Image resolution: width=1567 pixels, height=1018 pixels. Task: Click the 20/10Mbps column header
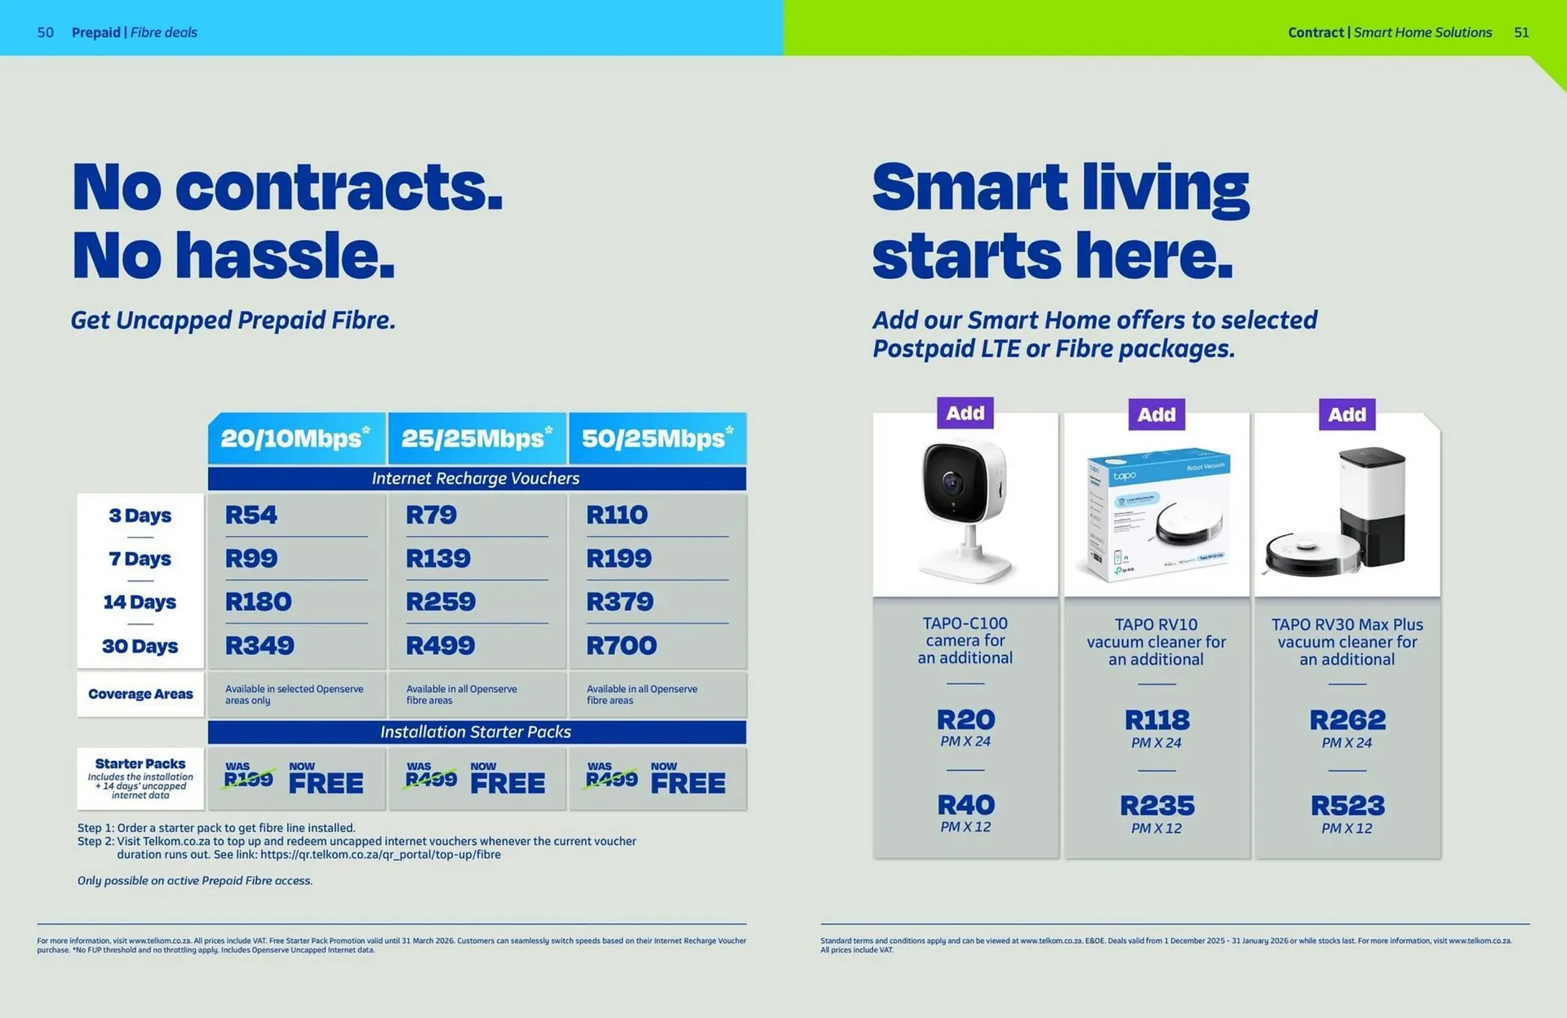pos(295,438)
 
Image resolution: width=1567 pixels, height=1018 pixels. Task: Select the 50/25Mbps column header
pos(657,438)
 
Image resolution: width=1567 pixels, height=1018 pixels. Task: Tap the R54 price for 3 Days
pos(251,515)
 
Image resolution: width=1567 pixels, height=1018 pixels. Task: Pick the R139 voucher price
pos(438,559)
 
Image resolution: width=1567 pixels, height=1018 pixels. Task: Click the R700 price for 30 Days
pos(621,646)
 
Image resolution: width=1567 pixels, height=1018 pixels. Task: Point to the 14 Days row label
pos(140,602)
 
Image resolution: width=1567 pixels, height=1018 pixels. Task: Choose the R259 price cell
pos(441,602)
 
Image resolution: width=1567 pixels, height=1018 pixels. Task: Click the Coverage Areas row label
pos(140,694)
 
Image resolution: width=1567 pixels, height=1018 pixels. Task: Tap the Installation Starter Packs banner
pos(476,732)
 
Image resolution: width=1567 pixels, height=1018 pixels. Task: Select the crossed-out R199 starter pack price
pos(249,780)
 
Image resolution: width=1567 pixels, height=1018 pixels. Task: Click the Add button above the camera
pos(965,413)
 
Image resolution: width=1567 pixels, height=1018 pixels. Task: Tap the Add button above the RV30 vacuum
pos(1347,414)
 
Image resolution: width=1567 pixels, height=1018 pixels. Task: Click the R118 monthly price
pos(1156,720)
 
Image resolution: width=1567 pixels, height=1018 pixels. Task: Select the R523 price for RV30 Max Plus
pos(1347,806)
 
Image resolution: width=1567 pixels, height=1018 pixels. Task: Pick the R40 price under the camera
pos(966,805)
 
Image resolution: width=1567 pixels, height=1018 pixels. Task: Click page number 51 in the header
pos(1521,33)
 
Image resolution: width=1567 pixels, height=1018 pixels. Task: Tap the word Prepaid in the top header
pos(95,33)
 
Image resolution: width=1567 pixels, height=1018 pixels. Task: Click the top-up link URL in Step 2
pos(380,855)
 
